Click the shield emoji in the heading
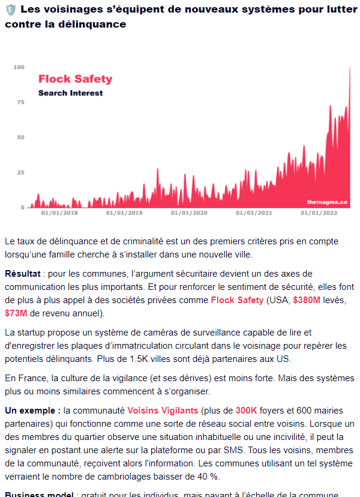point(10,10)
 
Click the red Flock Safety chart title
point(75,79)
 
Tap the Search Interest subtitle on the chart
point(70,93)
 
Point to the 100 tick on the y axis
point(19,67)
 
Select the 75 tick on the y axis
point(20,102)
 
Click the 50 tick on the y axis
point(20,137)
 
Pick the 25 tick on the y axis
point(20,173)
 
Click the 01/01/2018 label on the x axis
point(59,212)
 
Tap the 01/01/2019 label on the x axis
point(124,212)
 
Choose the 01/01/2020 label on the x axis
point(189,212)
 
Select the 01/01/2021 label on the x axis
point(254,212)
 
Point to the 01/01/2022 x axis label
point(319,212)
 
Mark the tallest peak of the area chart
point(350,68)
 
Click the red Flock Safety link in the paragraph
point(237,300)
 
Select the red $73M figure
point(17,313)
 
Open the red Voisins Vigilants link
point(162,411)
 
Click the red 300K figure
point(247,411)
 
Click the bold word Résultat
point(23,273)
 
